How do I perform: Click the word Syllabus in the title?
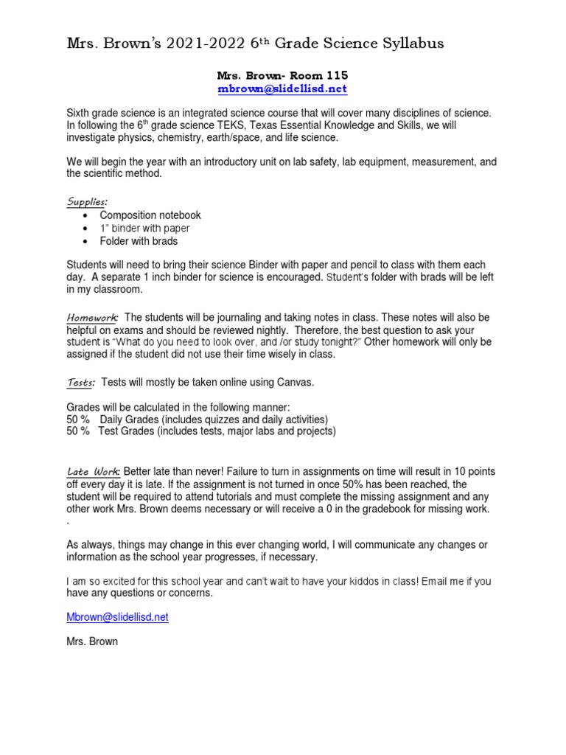click(408, 44)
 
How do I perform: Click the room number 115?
click(335, 75)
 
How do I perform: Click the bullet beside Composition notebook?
click(87, 215)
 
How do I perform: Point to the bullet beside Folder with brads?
click(87, 241)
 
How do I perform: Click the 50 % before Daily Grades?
click(78, 420)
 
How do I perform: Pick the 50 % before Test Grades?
click(78, 431)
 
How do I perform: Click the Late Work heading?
click(94, 471)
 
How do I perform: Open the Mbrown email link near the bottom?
click(118, 616)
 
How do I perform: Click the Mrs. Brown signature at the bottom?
click(92, 641)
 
